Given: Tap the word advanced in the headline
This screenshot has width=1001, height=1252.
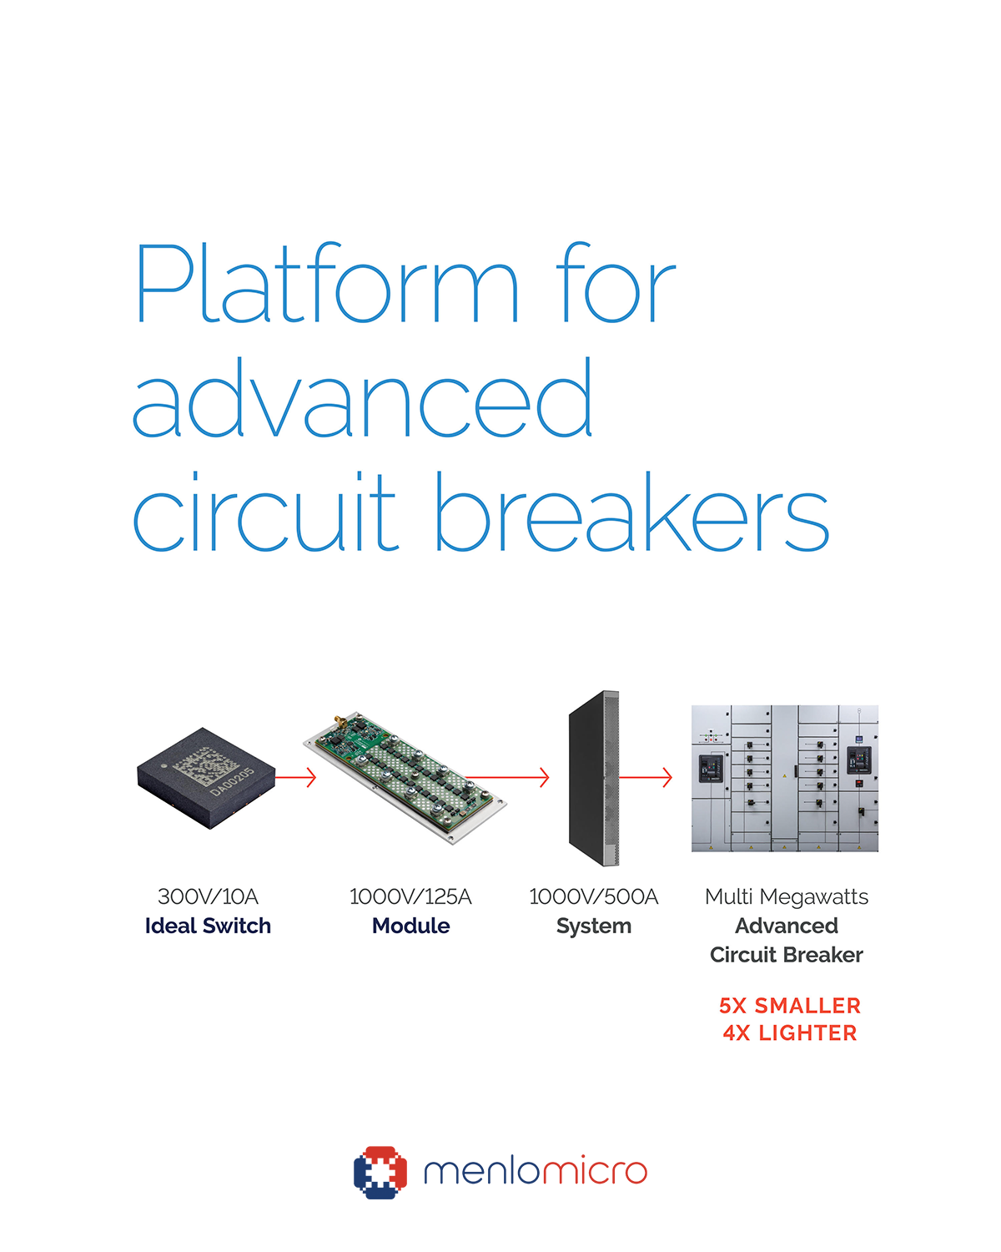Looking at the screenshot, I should [x=363, y=399].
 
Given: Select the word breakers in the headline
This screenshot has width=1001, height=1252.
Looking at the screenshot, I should [x=631, y=511].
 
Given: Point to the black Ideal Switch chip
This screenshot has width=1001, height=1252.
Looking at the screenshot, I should [x=206, y=777].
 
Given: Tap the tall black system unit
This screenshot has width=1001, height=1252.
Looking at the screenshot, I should [x=594, y=778].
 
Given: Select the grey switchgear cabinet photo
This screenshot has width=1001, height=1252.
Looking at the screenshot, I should [x=784, y=778].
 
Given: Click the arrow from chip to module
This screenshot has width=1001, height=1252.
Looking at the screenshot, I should [x=295, y=777].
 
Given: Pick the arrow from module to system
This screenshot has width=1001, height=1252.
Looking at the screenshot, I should [x=509, y=777].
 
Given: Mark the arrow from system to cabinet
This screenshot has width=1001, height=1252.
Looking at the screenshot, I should [x=646, y=777].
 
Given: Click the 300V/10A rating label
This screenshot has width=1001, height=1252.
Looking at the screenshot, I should [x=208, y=896].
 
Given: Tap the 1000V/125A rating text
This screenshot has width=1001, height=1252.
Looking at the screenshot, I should [x=410, y=896].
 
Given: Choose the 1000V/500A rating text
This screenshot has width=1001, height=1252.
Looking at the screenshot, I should [x=593, y=896].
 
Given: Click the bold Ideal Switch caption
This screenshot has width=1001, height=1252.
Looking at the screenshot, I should [x=208, y=926].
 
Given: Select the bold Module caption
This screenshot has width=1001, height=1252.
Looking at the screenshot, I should [x=410, y=926].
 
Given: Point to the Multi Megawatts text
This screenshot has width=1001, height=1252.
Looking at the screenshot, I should [x=786, y=896].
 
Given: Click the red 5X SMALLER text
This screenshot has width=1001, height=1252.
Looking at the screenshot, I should [x=789, y=1006].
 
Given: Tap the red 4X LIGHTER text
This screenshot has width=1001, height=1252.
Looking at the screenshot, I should [x=789, y=1033].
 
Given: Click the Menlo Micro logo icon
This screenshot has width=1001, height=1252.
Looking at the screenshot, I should [x=380, y=1172].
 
